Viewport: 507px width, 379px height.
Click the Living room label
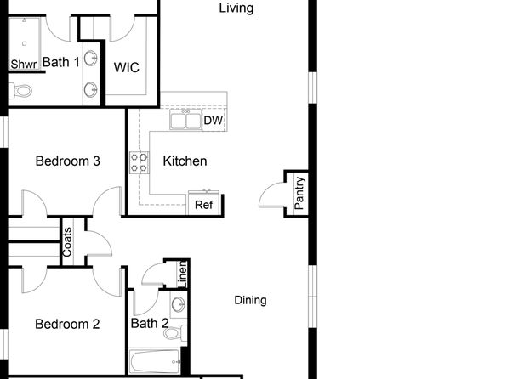(236, 8)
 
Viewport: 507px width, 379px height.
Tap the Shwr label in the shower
(24, 64)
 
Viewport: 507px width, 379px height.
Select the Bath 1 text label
(60, 62)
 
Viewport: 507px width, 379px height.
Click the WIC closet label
(127, 67)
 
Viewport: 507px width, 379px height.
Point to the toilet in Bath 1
(20, 91)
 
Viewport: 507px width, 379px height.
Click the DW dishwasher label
(214, 121)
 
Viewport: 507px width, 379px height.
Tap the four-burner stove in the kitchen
(140, 162)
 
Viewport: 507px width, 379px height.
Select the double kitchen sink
(185, 120)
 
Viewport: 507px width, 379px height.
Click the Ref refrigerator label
(204, 205)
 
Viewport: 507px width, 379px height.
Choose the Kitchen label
(185, 161)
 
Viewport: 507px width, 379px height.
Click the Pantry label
(299, 193)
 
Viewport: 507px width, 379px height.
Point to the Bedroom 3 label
(67, 161)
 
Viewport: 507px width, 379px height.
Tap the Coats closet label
(67, 242)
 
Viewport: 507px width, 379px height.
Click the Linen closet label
(183, 274)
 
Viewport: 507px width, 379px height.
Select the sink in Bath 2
(178, 305)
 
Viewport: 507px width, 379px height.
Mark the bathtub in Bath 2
(155, 361)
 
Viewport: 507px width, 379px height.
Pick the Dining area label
(250, 300)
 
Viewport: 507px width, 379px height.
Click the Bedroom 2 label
(67, 324)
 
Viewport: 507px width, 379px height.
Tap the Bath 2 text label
(150, 323)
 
